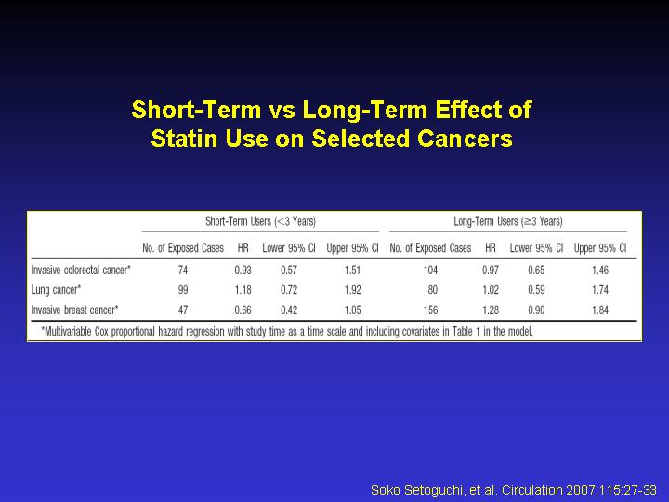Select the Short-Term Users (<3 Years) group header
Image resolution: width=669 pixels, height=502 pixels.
(x=261, y=221)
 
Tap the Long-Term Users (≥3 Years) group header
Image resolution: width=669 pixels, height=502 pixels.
(x=508, y=221)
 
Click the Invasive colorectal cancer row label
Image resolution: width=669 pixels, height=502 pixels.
(x=81, y=270)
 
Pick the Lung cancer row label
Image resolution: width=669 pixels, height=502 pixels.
(x=56, y=290)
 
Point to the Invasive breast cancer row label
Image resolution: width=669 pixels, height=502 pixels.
(x=74, y=310)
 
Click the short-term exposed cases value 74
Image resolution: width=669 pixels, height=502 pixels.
(x=183, y=271)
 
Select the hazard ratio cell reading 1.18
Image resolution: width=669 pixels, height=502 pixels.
(x=243, y=290)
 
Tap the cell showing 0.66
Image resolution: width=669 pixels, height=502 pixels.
(x=243, y=310)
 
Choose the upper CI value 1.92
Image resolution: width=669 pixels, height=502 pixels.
(x=352, y=290)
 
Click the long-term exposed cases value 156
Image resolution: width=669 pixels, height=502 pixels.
(x=430, y=310)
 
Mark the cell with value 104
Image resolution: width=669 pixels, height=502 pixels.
(x=430, y=271)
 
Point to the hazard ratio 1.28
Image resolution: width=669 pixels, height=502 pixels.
(x=491, y=310)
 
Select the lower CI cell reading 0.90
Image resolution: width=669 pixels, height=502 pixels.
(x=536, y=310)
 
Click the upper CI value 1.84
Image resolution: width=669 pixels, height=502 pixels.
(x=600, y=310)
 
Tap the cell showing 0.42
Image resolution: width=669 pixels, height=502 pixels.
(x=289, y=310)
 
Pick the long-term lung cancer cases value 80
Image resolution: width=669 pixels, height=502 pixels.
(x=433, y=290)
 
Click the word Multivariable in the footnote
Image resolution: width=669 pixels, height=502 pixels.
(x=67, y=331)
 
